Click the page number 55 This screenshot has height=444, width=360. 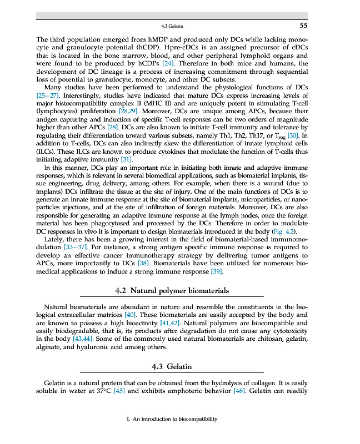[x=303, y=26]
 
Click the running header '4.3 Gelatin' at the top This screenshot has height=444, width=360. [x=172, y=26]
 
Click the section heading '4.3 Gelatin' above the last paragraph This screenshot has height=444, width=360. [x=172, y=367]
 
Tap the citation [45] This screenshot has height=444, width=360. [x=119, y=391]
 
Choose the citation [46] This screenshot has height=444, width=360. [x=238, y=391]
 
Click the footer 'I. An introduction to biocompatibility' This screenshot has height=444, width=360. [x=172, y=419]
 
